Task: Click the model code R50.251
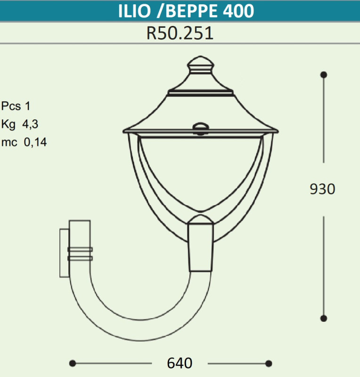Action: (x=180, y=33)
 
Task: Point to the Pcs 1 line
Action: (x=16, y=106)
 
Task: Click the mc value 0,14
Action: (x=35, y=142)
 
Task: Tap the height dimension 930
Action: (x=323, y=189)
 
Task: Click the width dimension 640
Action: (x=180, y=363)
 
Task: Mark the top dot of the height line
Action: (x=324, y=74)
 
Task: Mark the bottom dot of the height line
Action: (x=324, y=318)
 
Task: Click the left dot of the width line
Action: (x=73, y=363)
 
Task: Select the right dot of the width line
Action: (x=269, y=363)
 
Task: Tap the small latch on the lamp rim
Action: (x=200, y=127)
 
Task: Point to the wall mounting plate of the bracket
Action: (x=64, y=253)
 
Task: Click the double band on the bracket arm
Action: (x=80, y=254)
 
